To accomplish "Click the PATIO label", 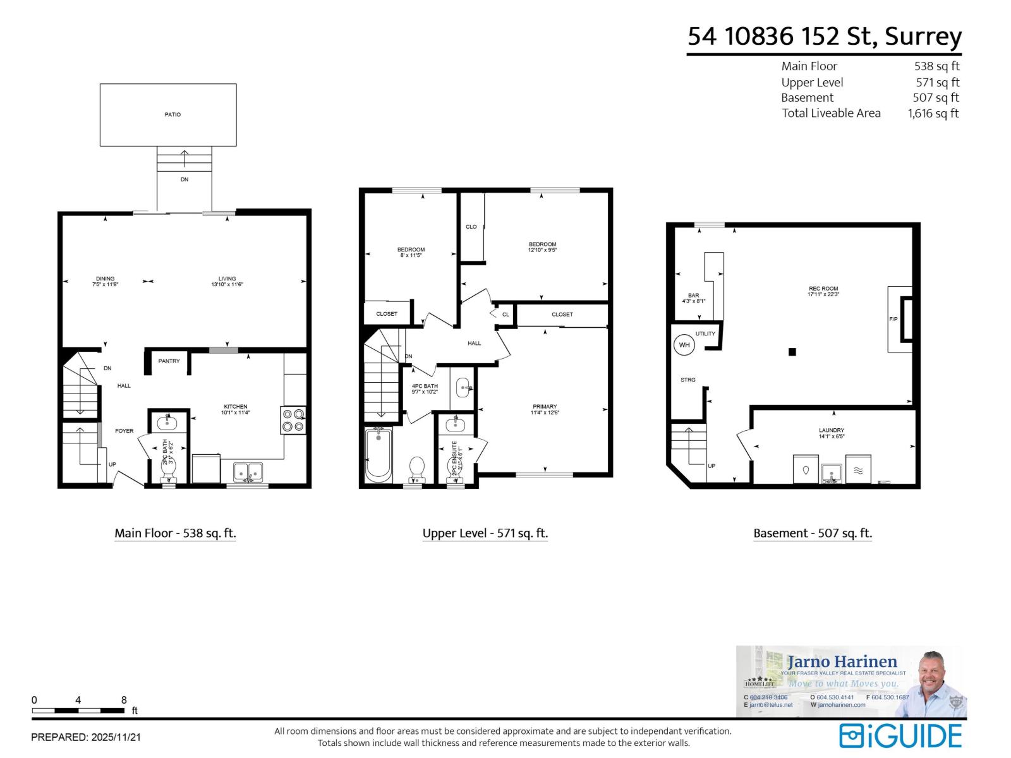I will (173, 115).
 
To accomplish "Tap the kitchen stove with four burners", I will (293, 420).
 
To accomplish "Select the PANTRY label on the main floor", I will (169, 361).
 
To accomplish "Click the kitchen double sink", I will (248, 472).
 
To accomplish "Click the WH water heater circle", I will (684, 345).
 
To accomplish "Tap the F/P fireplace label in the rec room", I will (893, 320).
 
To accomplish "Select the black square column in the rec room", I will (792, 352).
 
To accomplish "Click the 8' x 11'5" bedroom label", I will (411, 253).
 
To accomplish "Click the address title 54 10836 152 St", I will (824, 37).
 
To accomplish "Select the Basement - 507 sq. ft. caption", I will (812, 533).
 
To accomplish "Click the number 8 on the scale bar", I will (124, 700).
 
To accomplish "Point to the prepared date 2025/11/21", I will (86, 737).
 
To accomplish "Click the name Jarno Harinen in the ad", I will (842, 662).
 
